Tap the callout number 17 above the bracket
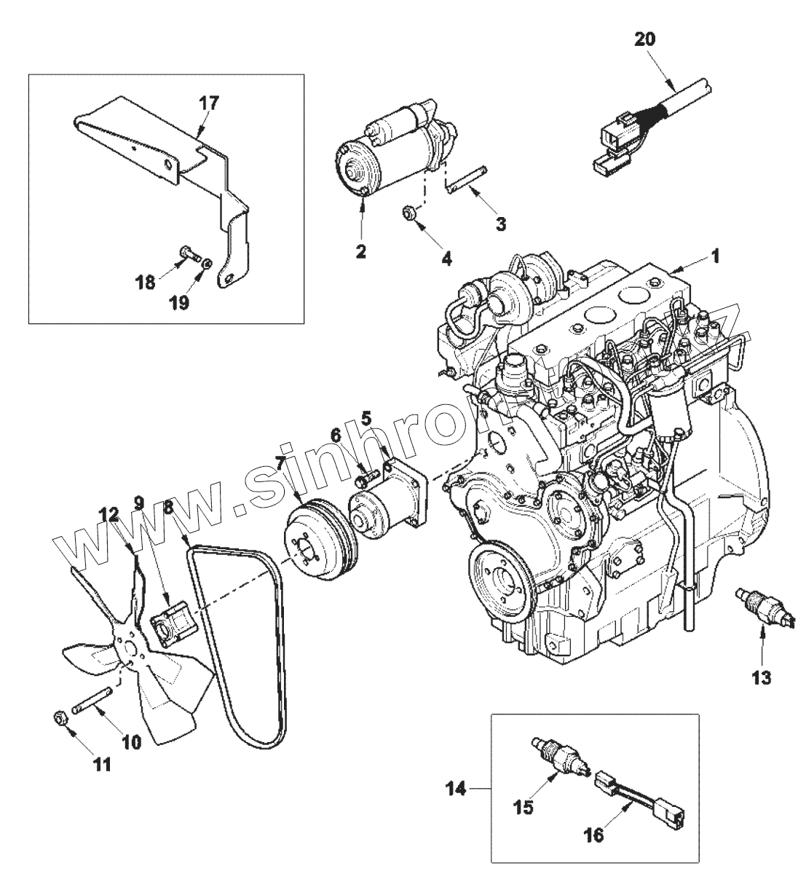point(208,103)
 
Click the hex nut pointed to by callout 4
point(410,213)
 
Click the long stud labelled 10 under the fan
point(92,700)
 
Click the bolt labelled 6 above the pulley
point(365,478)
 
